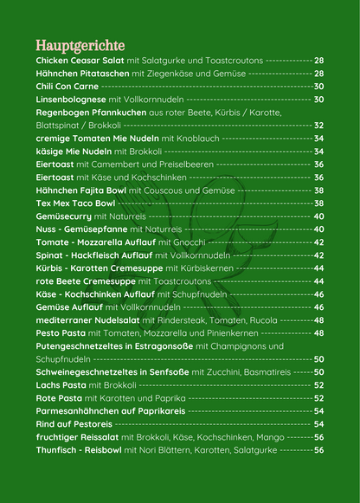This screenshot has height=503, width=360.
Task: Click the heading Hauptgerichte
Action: [80, 45]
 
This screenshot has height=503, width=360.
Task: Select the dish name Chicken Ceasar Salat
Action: [80, 61]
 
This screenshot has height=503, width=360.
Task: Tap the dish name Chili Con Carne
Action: [67, 87]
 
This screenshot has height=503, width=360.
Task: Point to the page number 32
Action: [318, 126]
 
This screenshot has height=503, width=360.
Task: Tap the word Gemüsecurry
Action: [64, 216]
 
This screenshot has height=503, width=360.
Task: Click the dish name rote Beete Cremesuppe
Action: [84, 281]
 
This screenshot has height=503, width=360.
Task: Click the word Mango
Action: [272, 437]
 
